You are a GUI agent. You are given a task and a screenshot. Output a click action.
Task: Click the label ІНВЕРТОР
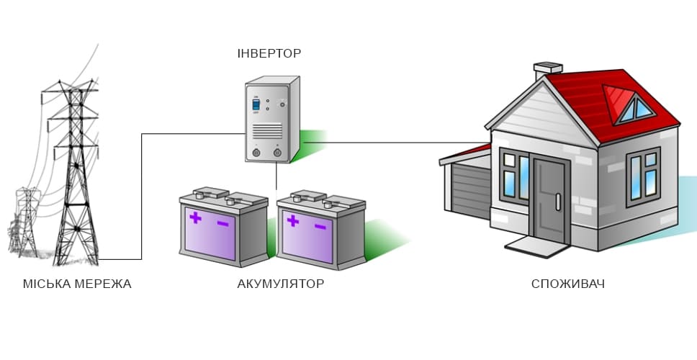tap(269, 53)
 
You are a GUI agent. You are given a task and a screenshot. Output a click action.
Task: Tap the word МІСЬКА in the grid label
tap(45, 284)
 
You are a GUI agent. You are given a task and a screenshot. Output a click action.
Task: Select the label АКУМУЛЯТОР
tap(280, 284)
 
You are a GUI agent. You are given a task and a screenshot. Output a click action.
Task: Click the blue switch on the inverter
tap(255, 105)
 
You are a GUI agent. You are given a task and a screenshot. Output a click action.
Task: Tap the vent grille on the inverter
tap(267, 130)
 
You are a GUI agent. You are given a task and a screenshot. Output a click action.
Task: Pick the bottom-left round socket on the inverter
tap(257, 151)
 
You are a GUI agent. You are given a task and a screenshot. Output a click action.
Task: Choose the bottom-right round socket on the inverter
tap(277, 151)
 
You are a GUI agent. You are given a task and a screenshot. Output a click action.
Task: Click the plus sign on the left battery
tap(194, 217)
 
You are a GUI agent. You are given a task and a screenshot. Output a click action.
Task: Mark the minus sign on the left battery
tap(222, 224)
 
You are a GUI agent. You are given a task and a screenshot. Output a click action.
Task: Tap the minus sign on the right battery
tap(320, 227)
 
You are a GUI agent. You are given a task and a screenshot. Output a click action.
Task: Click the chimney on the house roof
tap(547, 71)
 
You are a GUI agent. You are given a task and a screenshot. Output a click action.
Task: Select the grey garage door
tap(472, 190)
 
